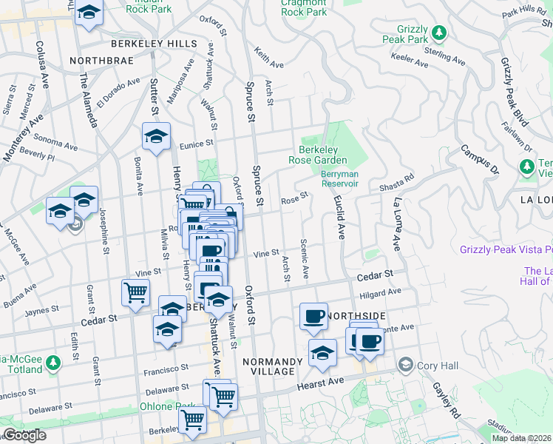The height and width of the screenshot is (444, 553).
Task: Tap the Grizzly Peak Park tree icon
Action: [x=440, y=33]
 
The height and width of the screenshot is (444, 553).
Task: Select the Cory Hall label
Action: [x=440, y=365]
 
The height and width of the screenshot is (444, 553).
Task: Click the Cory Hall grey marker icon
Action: [x=405, y=365]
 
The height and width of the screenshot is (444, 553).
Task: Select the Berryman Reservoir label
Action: [x=340, y=180]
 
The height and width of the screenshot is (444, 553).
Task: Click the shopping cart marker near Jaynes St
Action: [x=136, y=292]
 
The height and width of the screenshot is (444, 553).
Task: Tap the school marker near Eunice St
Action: [x=156, y=136]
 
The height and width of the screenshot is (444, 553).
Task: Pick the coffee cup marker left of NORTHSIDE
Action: [x=313, y=316]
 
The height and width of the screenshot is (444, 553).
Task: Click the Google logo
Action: [x=24, y=435]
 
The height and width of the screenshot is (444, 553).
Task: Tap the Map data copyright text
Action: [x=521, y=438]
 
